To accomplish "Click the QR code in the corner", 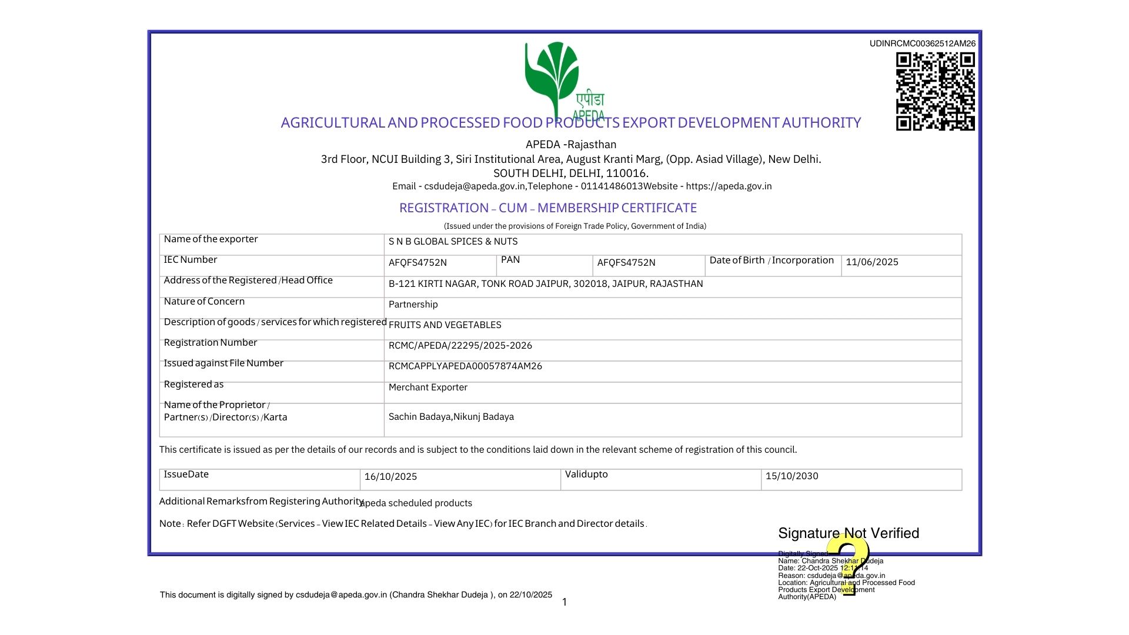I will pyautogui.click(x=935, y=91).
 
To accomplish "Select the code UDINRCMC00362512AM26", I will pyautogui.click(x=922, y=44).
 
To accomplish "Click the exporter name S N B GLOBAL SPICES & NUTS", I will pyautogui.click(x=453, y=242).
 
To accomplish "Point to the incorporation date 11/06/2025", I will pyautogui.click(x=871, y=262).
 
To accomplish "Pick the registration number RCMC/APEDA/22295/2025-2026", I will pyautogui.click(x=460, y=346).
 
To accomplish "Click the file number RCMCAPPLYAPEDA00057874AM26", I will pyautogui.click(x=465, y=366).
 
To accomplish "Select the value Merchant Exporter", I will pyautogui.click(x=427, y=387).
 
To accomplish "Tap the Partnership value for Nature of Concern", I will pyautogui.click(x=413, y=305).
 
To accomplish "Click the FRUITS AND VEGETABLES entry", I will pyautogui.click(x=445, y=325).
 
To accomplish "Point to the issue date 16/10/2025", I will pyautogui.click(x=390, y=477).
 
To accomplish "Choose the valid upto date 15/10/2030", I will pyautogui.click(x=791, y=476).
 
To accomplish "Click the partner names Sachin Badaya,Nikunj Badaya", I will pyautogui.click(x=451, y=417).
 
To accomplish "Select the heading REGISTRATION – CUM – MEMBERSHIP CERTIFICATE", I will pyautogui.click(x=547, y=208).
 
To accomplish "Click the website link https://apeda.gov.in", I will pyautogui.click(x=729, y=186).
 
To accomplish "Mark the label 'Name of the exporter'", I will pyautogui.click(x=211, y=239).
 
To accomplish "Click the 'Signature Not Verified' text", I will pyautogui.click(x=848, y=533).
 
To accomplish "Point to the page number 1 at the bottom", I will pyautogui.click(x=564, y=602).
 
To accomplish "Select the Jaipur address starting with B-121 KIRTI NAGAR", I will pyautogui.click(x=545, y=284).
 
